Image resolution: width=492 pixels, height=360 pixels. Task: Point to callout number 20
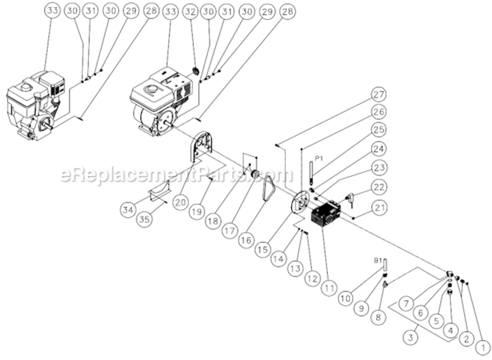(180, 203)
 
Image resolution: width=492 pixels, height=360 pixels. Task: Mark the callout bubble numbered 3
(410, 337)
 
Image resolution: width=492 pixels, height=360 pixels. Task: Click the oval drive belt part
(267, 189)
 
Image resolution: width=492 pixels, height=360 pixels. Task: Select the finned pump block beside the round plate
(326, 214)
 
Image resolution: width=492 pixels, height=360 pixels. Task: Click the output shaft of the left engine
(47, 127)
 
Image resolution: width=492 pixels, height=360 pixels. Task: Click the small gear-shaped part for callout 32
(196, 72)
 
